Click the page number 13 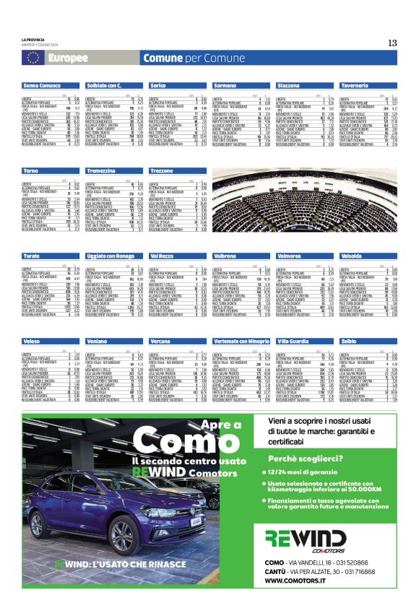(392, 42)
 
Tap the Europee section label (69, 58)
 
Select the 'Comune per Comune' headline (183, 58)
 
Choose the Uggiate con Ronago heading (111, 256)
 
